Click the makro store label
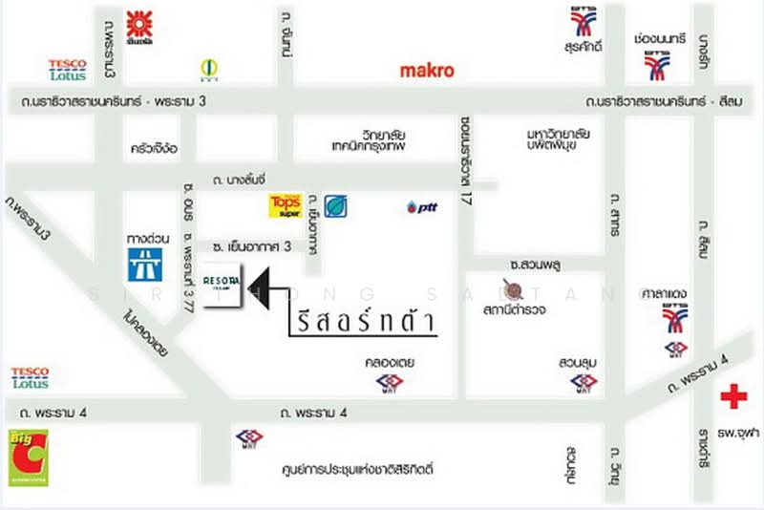point(426,70)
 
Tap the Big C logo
point(29,457)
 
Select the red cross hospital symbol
point(733,396)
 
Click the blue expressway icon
point(144,265)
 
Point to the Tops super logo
point(285,205)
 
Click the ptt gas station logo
point(421,206)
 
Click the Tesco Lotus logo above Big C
point(30,377)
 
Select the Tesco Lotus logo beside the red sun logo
point(67,70)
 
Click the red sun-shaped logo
point(140,27)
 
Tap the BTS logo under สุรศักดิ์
point(584,20)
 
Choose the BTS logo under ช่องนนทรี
point(656,66)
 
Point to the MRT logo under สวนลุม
point(584,383)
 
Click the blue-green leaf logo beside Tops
point(335,206)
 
